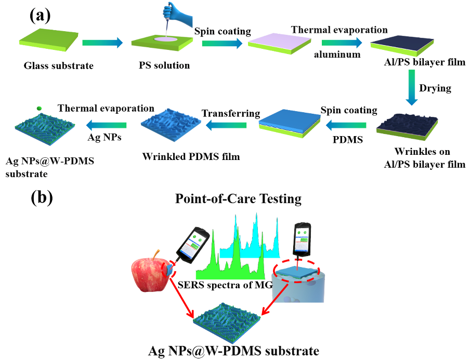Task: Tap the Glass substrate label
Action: coord(51,65)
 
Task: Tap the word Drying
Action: coord(436,88)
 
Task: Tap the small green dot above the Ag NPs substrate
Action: coord(39,108)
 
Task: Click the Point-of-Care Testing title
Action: coord(238,199)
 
